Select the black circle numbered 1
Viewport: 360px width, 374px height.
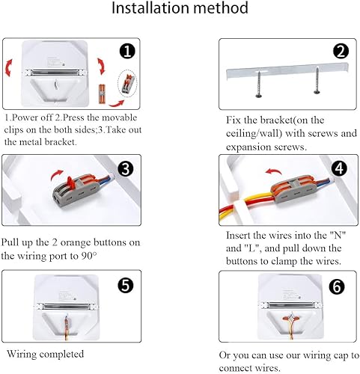point(126,51)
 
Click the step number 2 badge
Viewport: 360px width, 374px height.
point(341,52)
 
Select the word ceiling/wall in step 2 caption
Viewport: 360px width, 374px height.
point(250,134)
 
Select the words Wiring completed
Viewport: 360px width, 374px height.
point(46,354)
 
